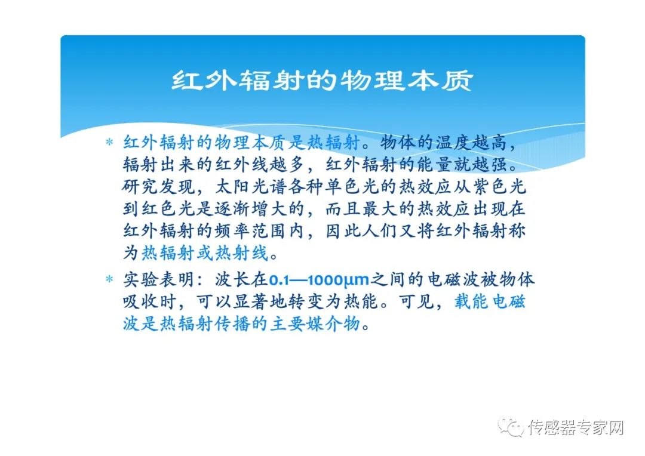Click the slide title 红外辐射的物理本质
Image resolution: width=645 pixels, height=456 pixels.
click(322, 80)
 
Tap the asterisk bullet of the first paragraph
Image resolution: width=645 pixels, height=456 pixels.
click(109, 143)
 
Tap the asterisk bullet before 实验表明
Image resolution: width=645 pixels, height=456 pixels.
click(109, 279)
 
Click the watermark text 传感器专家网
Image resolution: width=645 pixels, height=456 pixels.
click(576, 427)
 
